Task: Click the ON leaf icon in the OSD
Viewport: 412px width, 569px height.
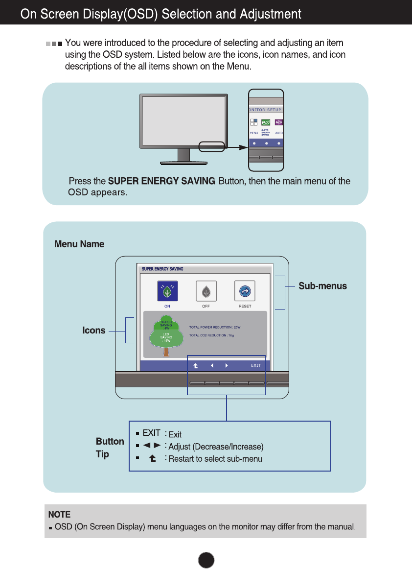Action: pyautogui.click(x=167, y=291)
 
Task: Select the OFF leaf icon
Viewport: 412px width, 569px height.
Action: pyautogui.click(x=206, y=291)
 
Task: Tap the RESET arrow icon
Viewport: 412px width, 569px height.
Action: pyautogui.click(x=245, y=291)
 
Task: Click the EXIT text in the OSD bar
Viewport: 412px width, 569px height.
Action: pyautogui.click(x=256, y=365)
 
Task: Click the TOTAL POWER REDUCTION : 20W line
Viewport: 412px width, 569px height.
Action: pyautogui.click(x=215, y=327)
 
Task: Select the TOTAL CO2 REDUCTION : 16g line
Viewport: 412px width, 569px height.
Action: pyautogui.click(x=211, y=335)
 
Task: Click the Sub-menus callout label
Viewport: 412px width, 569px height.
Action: pyautogui.click(x=322, y=286)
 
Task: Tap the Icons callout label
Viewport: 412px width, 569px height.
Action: pyautogui.click(x=94, y=331)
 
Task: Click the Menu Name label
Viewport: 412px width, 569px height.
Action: pyautogui.click(x=79, y=244)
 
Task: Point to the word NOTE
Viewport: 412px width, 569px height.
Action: pyautogui.click(x=59, y=515)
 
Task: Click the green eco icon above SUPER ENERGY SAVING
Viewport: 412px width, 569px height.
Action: pyautogui.click(x=266, y=122)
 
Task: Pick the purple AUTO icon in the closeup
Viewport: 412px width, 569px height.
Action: pyautogui.click(x=279, y=122)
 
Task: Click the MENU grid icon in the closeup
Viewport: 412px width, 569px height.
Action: pyautogui.click(x=253, y=122)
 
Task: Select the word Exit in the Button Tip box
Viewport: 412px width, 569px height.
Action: pyautogui.click(x=175, y=435)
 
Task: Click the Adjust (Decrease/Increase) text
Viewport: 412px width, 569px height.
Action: pyautogui.click(x=216, y=447)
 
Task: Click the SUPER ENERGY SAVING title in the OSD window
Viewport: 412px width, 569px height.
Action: pyautogui.click(x=162, y=269)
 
